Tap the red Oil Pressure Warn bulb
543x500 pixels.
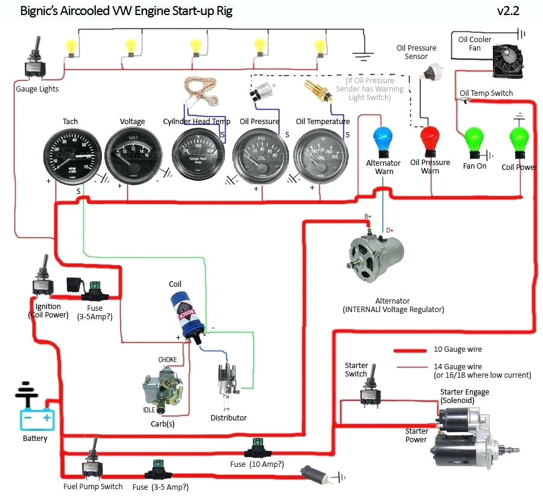click(430, 139)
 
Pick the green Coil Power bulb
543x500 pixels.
click(519, 140)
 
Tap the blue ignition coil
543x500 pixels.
click(189, 314)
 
